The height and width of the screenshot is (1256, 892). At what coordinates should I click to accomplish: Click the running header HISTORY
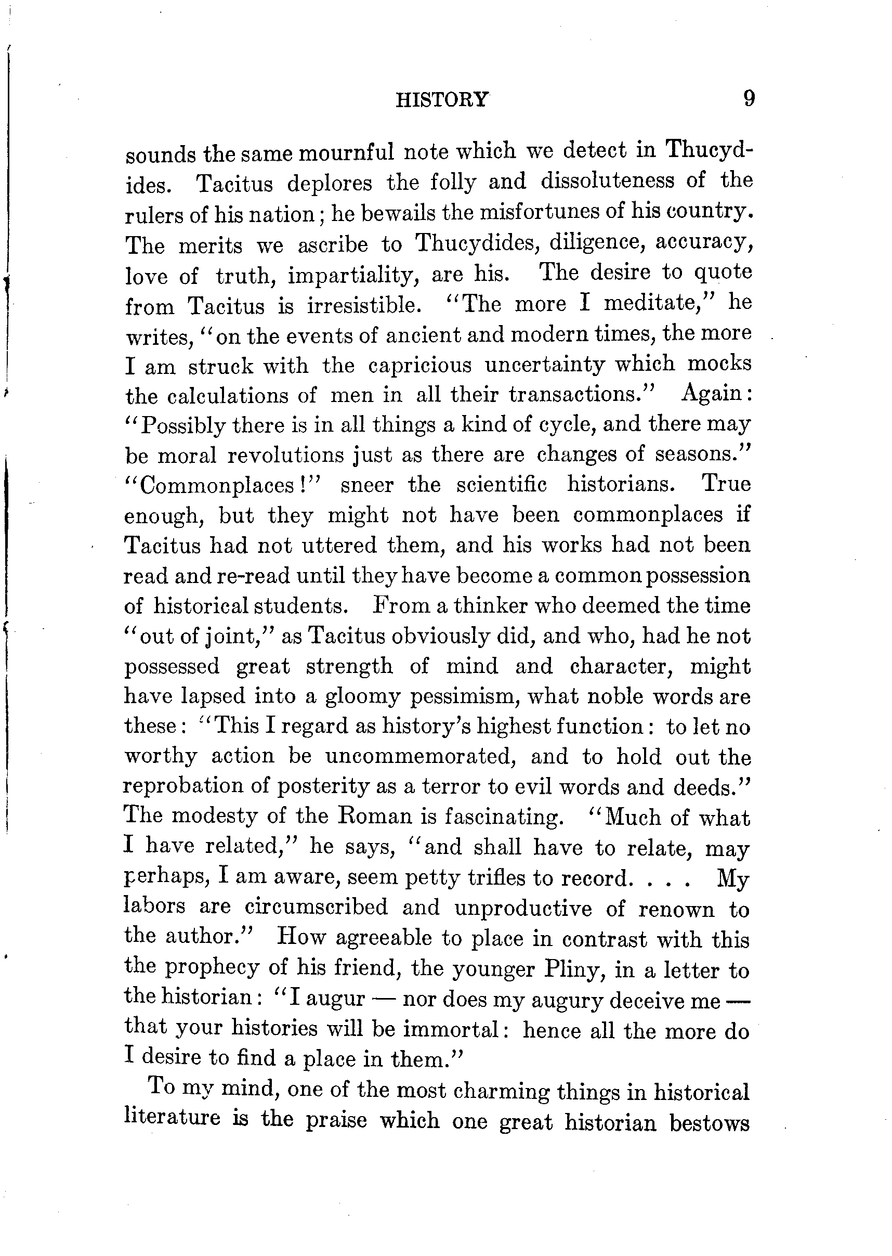pyautogui.click(x=442, y=100)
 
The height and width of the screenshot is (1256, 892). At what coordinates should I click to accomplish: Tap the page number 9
pyautogui.click(x=749, y=99)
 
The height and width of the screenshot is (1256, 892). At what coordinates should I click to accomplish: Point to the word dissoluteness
pyautogui.click(x=607, y=181)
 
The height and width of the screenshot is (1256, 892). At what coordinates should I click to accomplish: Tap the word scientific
pyautogui.click(x=502, y=485)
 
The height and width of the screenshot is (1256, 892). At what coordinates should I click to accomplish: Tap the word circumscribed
pyautogui.click(x=316, y=907)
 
